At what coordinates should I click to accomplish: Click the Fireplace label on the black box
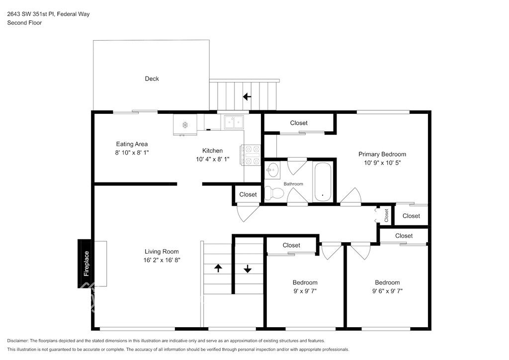tap(86, 264)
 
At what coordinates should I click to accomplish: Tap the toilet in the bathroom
tap(274, 193)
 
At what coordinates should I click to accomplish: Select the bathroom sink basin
tap(272, 169)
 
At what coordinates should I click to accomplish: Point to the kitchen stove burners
tap(251, 155)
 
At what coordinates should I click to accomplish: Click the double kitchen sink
tap(234, 122)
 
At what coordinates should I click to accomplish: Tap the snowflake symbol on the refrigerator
tap(185, 125)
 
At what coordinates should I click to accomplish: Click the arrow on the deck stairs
tap(247, 96)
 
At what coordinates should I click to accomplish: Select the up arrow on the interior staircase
tap(218, 268)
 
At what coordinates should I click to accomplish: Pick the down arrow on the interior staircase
tap(248, 269)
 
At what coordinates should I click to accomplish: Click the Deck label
tap(152, 79)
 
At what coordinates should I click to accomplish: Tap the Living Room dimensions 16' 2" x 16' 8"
tap(162, 260)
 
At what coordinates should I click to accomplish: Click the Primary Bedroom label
tap(382, 154)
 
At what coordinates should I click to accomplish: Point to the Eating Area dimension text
tap(132, 153)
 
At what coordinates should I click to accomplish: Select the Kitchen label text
tap(212, 151)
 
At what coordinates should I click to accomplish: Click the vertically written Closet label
tap(386, 215)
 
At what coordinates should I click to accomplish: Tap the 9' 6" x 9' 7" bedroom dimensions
tap(387, 291)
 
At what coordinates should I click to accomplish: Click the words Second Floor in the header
tap(24, 23)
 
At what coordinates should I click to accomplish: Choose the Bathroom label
tap(293, 184)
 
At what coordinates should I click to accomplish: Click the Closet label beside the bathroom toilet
tap(248, 194)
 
